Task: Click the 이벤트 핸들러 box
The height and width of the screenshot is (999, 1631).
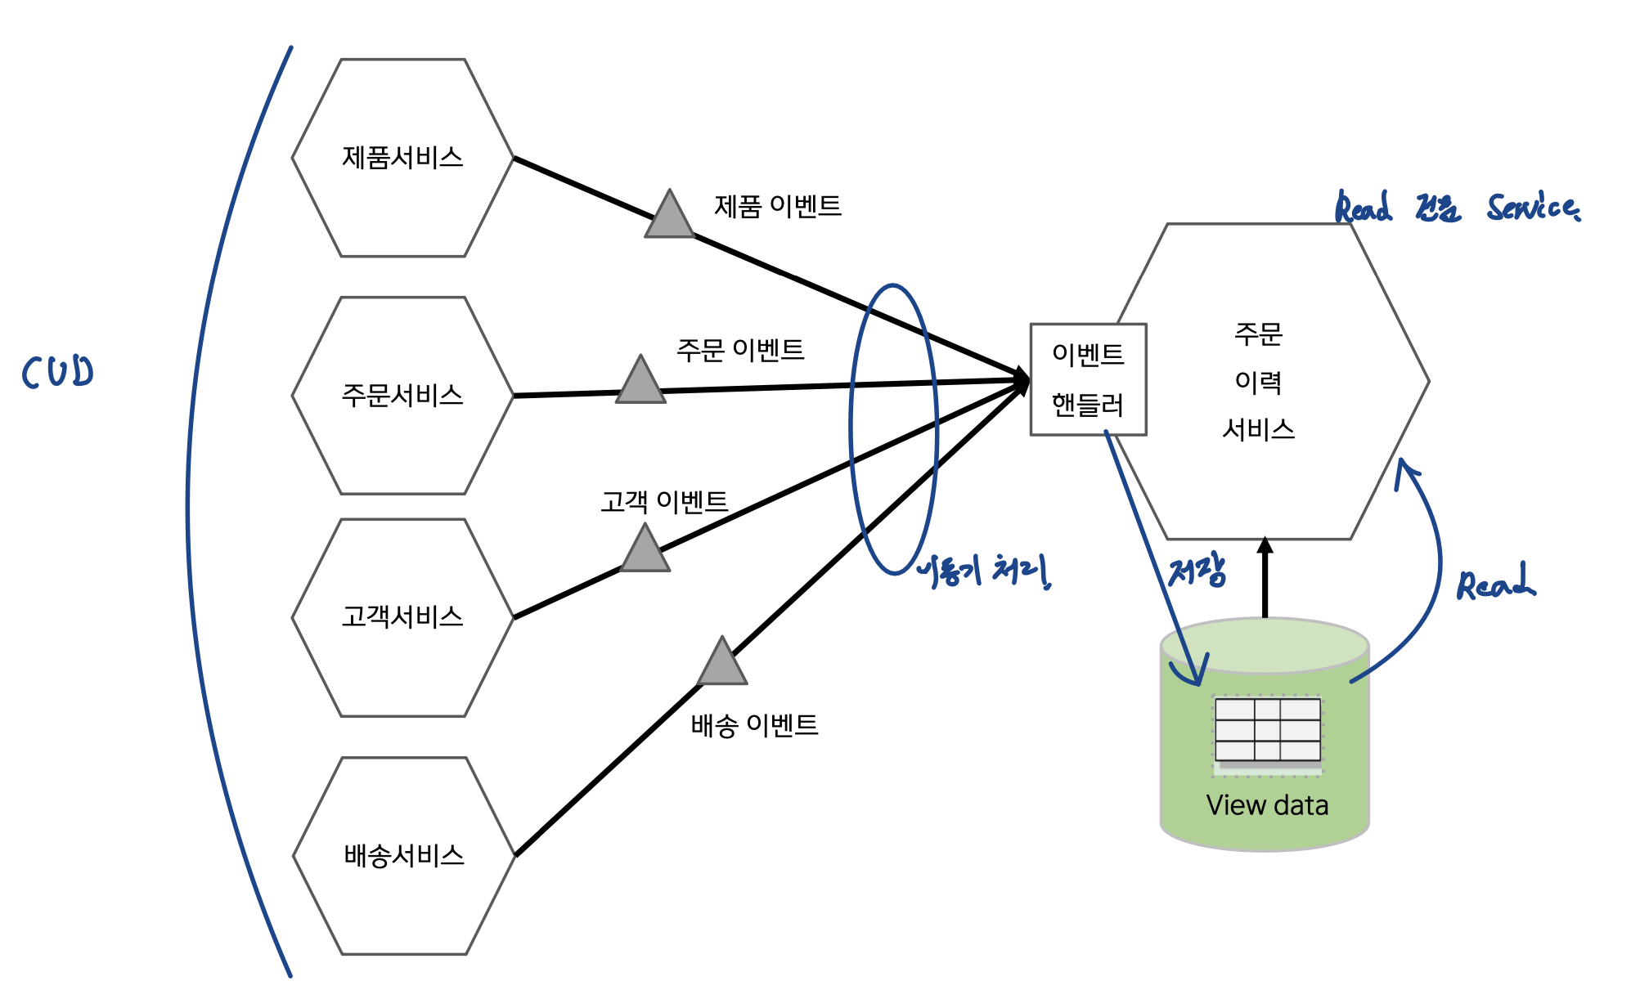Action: click(1088, 379)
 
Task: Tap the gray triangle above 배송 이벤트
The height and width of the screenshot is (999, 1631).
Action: click(722, 665)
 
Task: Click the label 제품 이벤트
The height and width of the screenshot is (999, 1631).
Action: click(778, 206)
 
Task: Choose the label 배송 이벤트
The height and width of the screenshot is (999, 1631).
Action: click(754, 725)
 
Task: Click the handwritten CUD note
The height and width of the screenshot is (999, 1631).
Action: click(57, 372)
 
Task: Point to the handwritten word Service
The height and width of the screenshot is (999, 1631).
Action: click(1533, 208)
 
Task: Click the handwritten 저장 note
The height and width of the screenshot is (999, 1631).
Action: click(1197, 571)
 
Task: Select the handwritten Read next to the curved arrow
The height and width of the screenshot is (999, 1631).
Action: click(1495, 584)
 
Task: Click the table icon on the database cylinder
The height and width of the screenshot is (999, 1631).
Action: click(1267, 730)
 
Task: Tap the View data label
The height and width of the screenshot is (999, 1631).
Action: click(1267, 805)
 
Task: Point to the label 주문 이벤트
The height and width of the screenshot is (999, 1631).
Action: click(740, 350)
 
